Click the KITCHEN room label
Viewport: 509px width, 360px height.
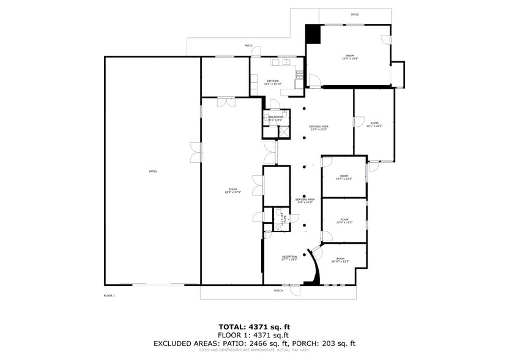272,82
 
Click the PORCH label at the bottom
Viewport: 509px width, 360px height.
278,290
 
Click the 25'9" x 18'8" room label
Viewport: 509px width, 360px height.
349,58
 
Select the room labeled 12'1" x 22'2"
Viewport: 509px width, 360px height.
374,124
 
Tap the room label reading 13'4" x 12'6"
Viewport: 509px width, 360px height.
344,178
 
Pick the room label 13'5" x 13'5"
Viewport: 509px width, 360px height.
344,221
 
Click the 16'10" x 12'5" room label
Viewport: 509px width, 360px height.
340,260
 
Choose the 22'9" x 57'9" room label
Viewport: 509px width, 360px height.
232,191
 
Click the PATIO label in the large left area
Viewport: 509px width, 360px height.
153,171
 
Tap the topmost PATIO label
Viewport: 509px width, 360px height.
355,15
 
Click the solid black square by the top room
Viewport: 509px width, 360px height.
313,34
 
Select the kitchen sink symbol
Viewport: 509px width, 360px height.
286,62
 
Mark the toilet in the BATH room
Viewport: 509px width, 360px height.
278,227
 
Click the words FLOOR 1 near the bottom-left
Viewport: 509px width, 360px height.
110,296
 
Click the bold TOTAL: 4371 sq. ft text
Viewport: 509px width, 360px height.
254,327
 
